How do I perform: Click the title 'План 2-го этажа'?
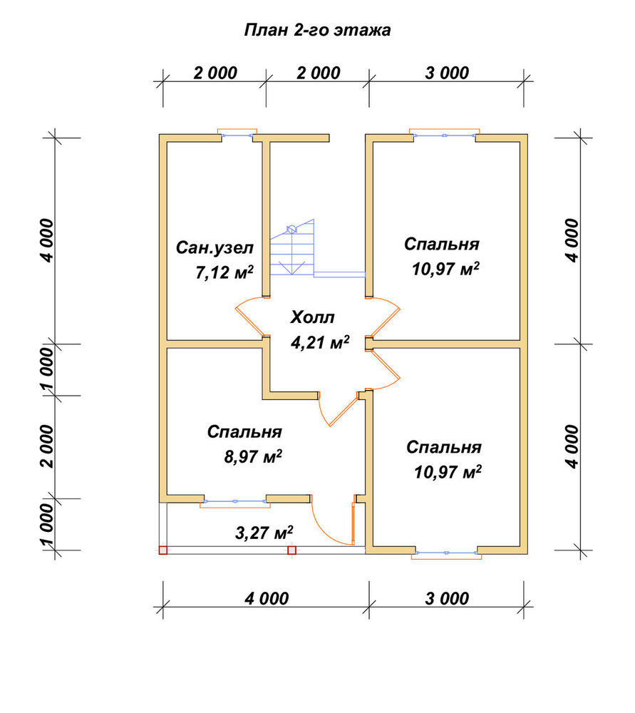[317, 30]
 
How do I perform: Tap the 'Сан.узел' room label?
[215, 248]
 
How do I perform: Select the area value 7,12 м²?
[224, 272]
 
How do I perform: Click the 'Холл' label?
[312, 317]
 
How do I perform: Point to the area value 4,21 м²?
[320, 342]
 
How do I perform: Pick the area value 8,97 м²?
[253, 456]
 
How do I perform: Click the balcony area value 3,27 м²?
[264, 532]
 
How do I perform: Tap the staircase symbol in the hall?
[292, 248]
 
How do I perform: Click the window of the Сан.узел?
[237, 135]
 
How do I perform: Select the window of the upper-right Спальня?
[445, 135]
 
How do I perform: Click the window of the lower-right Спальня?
[446, 553]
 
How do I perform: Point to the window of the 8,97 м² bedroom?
[235, 501]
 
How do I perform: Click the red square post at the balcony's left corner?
[163, 550]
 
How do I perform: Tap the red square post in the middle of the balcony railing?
[291, 550]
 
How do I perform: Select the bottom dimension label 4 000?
[267, 598]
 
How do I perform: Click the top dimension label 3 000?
[447, 73]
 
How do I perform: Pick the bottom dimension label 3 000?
[447, 598]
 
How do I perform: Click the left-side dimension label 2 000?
[47, 446]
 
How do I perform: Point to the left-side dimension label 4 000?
[47, 240]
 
